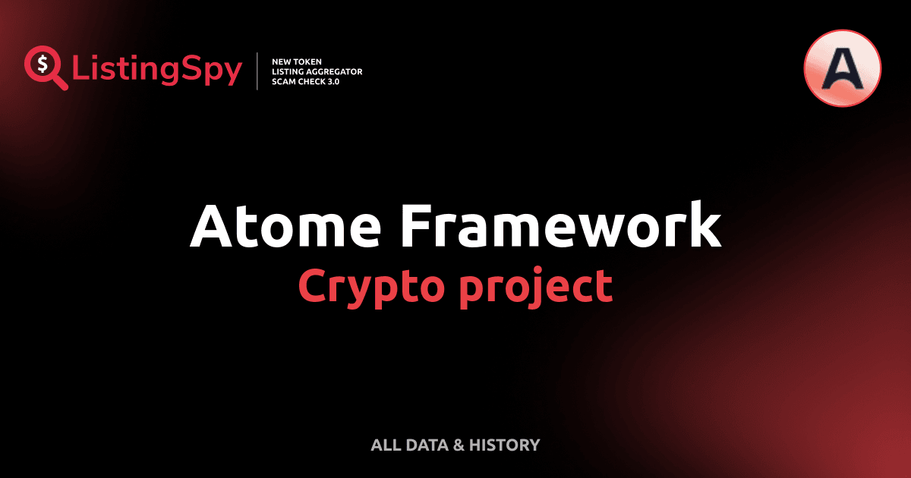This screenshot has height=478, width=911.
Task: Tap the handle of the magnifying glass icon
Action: click(x=60, y=82)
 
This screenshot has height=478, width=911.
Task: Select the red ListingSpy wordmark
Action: click(x=157, y=71)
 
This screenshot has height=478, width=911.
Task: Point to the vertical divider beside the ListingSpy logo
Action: click(x=258, y=71)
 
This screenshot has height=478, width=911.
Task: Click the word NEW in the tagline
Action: click(x=282, y=61)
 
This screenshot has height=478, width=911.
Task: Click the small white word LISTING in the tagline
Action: click(x=286, y=71)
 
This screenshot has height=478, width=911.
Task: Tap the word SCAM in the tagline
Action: click(x=284, y=82)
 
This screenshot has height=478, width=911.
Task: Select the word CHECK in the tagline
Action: click(x=313, y=82)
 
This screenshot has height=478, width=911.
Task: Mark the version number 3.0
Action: click(x=334, y=82)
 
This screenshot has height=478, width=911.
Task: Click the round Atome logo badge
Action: click(x=842, y=68)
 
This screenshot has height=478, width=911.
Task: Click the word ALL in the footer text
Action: click(x=384, y=445)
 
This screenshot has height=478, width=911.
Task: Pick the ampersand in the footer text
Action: click(x=458, y=445)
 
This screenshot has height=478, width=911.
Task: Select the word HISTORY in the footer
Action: click(x=504, y=445)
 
